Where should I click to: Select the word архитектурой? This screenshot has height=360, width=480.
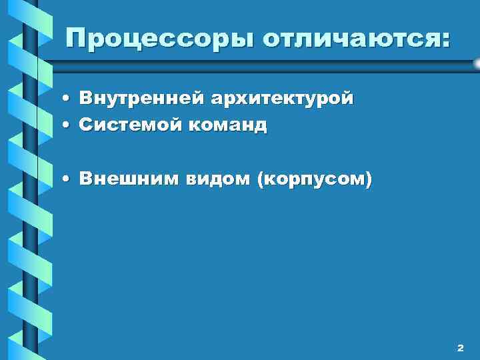point(283,99)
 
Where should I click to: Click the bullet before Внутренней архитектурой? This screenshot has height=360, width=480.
point(68,99)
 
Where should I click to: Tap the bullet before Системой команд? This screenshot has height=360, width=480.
point(68,125)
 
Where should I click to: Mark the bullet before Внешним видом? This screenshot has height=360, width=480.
point(68,179)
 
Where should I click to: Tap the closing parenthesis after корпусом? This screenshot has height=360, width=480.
point(369,179)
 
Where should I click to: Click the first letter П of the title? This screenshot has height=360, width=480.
point(75,38)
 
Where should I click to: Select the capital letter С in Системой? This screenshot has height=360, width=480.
point(85,124)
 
